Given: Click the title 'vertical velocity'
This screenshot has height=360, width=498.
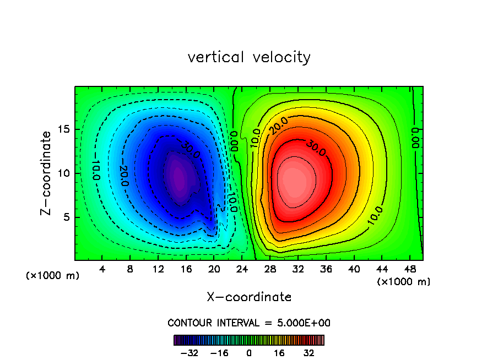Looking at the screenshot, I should click(249, 57).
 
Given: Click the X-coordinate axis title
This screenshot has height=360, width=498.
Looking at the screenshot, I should click(249, 297).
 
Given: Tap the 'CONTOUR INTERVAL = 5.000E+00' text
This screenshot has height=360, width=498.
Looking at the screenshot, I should click(249, 323).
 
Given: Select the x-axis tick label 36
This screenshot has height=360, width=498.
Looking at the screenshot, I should click(326, 269).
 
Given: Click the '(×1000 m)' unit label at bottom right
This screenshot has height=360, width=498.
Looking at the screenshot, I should click(404, 282).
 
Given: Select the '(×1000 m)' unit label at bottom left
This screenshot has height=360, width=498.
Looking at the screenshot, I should click(53, 276).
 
